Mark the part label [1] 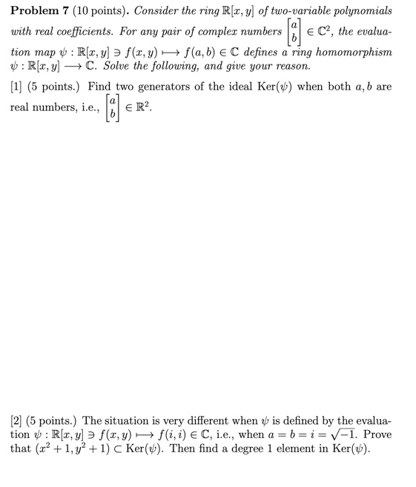point(16,87)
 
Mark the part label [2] point(16,419)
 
